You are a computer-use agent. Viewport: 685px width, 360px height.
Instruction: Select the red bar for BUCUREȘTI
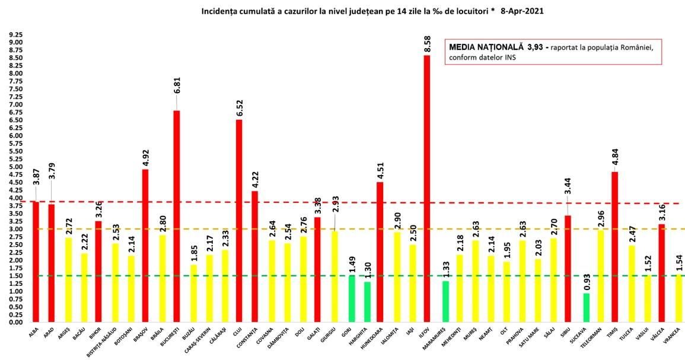click(x=176, y=216)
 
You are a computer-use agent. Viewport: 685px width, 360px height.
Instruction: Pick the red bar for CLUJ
click(x=238, y=221)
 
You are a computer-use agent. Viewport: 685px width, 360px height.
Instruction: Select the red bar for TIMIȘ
click(x=615, y=247)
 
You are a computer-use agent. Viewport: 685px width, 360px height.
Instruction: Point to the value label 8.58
click(x=427, y=45)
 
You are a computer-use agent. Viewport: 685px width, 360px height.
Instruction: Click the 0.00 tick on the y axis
click(x=15, y=323)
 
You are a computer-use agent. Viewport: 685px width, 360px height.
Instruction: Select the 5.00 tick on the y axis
click(x=15, y=167)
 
